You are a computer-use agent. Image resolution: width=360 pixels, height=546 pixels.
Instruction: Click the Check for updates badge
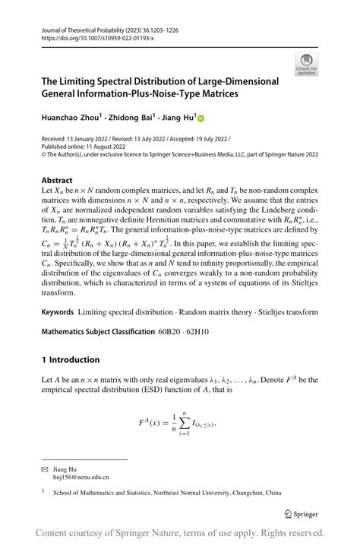[x=308, y=64]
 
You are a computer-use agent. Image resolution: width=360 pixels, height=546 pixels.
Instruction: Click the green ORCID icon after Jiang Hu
[x=201, y=118]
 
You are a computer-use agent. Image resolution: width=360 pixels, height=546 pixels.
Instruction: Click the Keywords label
[x=57, y=311]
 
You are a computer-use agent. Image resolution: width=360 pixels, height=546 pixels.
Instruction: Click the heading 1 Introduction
[x=70, y=359]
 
